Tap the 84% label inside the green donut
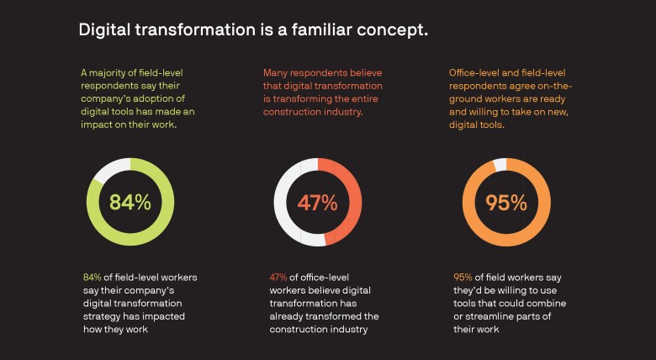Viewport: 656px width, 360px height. pyautogui.click(x=130, y=202)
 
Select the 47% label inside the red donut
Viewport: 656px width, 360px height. pyautogui.click(x=317, y=202)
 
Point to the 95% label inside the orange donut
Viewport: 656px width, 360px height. pyautogui.click(x=505, y=202)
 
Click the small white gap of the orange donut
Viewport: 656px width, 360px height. pyautogui.click(x=500, y=164)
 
